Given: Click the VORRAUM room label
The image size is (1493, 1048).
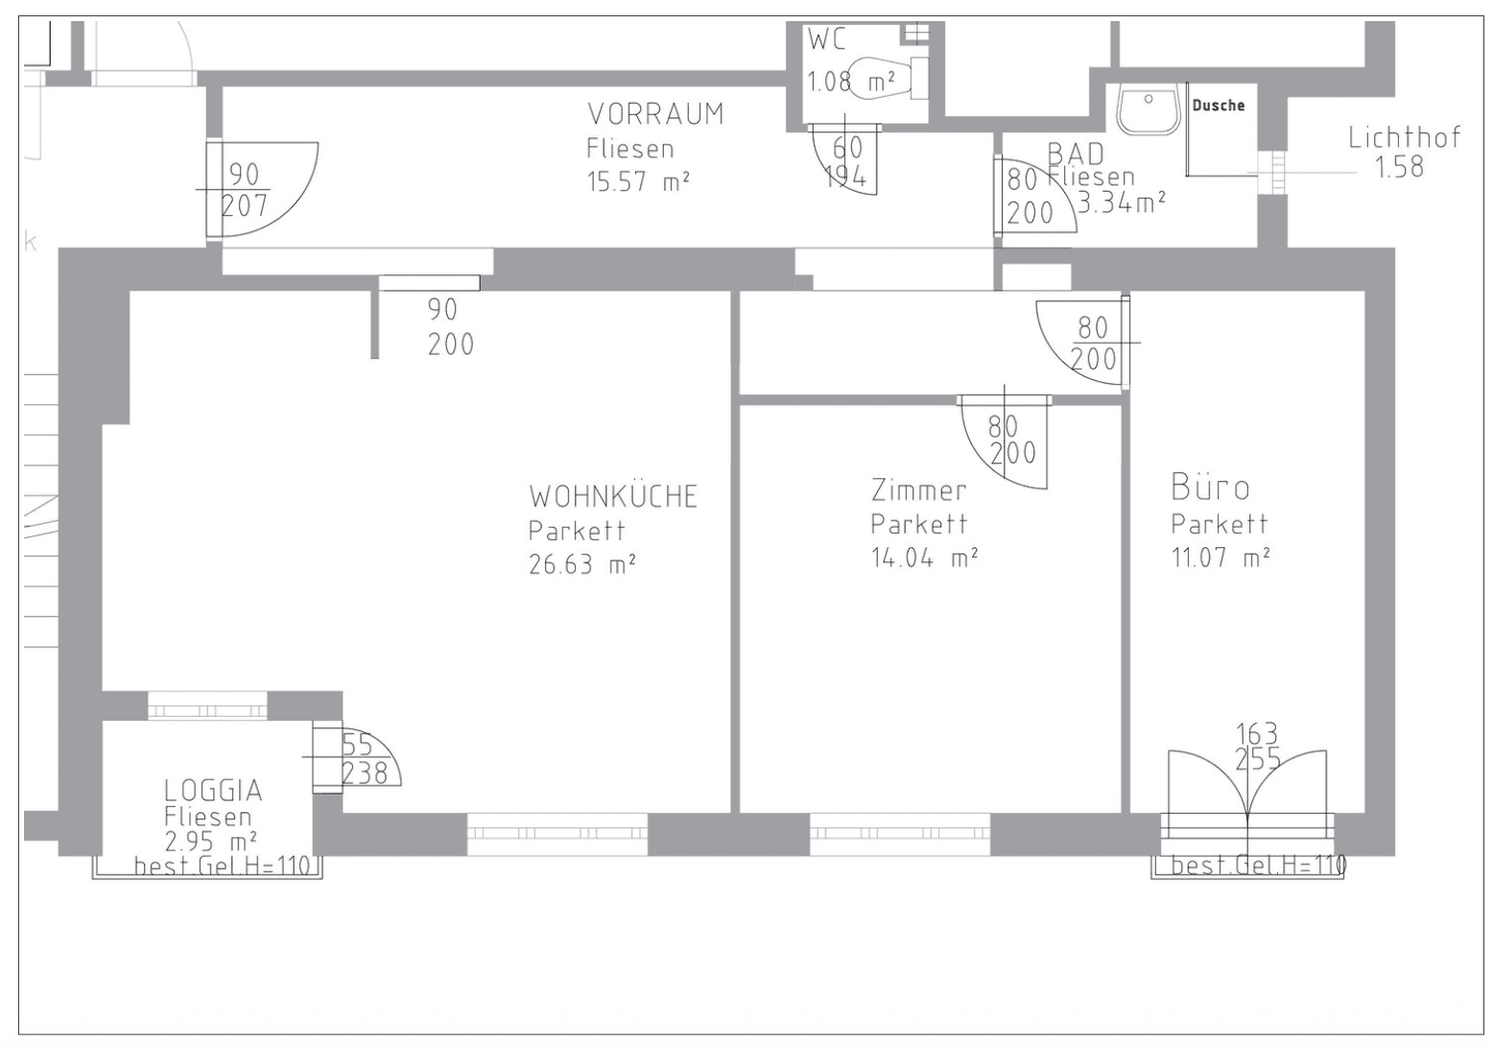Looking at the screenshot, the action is point(656,114).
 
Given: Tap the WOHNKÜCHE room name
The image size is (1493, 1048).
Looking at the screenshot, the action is point(613,497).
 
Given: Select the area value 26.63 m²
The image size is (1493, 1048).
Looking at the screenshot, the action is point(581,564).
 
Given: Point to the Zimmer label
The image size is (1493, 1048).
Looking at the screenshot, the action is point(918,490).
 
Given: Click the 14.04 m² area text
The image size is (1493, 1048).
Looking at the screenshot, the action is point(924,557).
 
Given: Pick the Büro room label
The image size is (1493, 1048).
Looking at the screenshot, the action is point(1210,488).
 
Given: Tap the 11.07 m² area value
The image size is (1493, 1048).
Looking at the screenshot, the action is point(1220,557).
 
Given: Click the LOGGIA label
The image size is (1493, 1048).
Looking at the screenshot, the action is point(213,791).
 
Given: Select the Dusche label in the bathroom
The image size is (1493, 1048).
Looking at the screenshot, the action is point(1219,105).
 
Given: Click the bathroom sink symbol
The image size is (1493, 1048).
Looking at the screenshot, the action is point(1149,109).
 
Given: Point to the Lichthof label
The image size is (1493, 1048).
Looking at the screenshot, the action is point(1405,137).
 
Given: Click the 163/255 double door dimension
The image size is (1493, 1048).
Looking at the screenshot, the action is point(1258,747).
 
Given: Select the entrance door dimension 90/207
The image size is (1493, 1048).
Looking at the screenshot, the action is point(245,190).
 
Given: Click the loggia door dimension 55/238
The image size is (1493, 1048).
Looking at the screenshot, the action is point(365,759).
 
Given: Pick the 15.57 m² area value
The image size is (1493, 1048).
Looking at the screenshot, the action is point(638,181).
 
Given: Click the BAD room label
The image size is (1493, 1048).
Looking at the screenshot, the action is point(1076,154).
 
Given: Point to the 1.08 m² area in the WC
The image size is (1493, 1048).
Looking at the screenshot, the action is point(851,82).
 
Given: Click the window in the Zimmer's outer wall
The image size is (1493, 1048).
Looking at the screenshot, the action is point(900,834).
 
